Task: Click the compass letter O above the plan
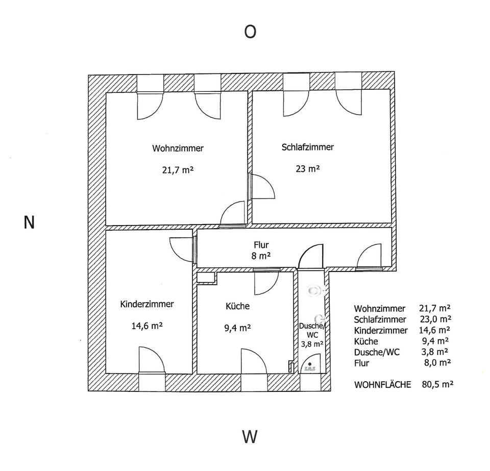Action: point(250,32)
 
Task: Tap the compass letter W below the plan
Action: point(250,437)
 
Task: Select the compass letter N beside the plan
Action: point(29,222)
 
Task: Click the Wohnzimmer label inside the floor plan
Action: point(178,148)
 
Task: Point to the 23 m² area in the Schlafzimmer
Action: point(307,168)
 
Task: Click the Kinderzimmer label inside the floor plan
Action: point(147,304)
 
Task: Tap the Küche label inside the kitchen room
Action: point(237,306)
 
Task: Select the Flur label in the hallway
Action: point(261,245)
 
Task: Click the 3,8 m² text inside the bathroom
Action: point(311,344)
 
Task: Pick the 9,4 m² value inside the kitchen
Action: point(237,328)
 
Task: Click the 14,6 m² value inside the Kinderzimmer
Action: point(147,326)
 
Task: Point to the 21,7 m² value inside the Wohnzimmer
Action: point(178,170)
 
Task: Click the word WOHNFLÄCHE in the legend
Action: point(382,385)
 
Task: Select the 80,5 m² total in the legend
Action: point(438,385)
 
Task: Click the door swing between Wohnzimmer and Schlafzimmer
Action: point(261,186)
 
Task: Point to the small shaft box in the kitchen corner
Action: point(206,277)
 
